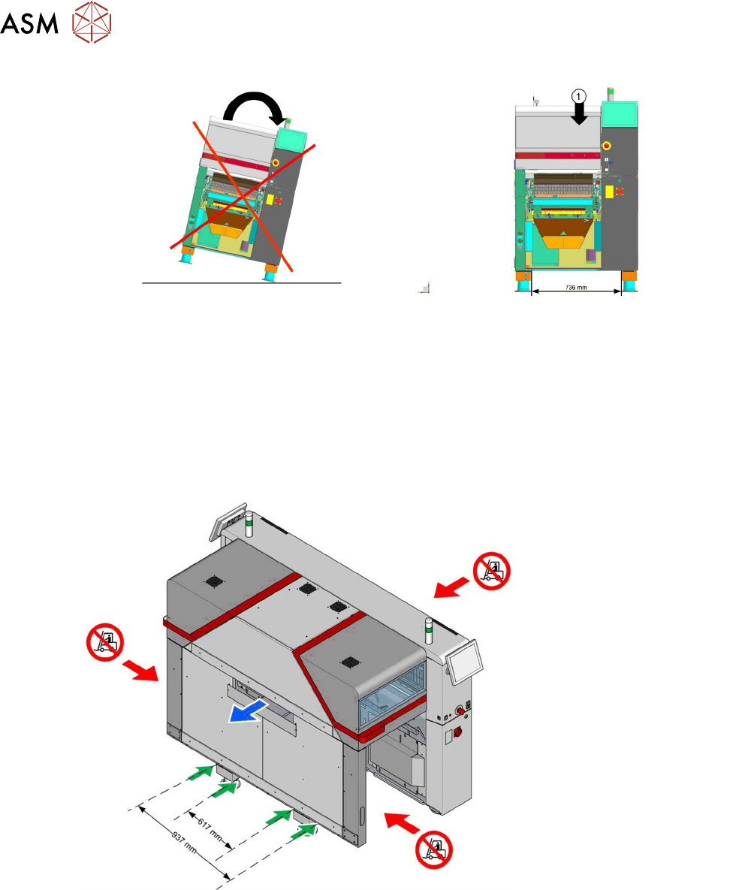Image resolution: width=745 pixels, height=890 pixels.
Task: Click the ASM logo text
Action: coord(30,26)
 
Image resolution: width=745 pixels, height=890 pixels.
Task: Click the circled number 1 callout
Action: coord(578,95)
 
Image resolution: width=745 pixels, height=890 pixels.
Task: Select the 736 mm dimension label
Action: coord(576,287)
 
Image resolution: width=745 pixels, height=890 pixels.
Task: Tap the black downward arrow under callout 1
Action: coord(578,116)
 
